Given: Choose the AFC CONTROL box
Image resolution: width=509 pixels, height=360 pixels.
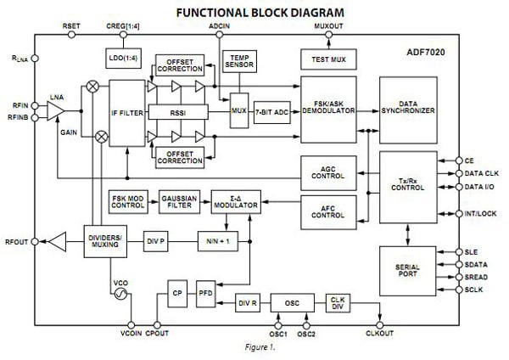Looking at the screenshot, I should [328, 210].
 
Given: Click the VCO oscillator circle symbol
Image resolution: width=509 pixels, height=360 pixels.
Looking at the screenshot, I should [120, 295].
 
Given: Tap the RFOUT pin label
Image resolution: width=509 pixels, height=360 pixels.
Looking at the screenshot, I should [15, 242].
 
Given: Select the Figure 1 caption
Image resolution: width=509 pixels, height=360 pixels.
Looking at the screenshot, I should [255, 346].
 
